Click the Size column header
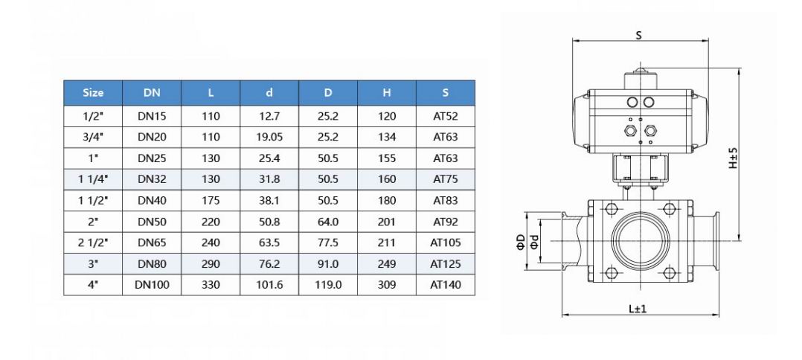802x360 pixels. pyautogui.click(x=93, y=93)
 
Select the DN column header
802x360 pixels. pyautogui.click(x=152, y=93)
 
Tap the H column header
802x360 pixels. pyautogui.click(x=386, y=93)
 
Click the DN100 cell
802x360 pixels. pyautogui.click(x=152, y=285)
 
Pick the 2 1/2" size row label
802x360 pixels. pyautogui.click(x=93, y=242)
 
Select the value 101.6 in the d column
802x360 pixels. pyautogui.click(x=269, y=285)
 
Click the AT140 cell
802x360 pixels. pyautogui.click(x=445, y=285)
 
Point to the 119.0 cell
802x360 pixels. pyautogui.click(x=328, y=285)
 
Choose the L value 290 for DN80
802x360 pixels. pyautogui.click(x=211, y=263)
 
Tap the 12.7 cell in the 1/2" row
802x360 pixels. pyautogui.click(x=269, y=116)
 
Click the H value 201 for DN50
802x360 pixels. pyautogui.click(x=386, y=222)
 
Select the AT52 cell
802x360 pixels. pyautogui.click(x=445, y=116)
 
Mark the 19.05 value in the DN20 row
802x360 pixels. pyautogui.click(x=269, y=137)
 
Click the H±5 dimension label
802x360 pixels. pyautogui.click(x=732, y=158)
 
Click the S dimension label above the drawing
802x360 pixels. pyautogui.click(x=638, y=35)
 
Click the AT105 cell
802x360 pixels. pyautogui.click(x=445, y=242)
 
